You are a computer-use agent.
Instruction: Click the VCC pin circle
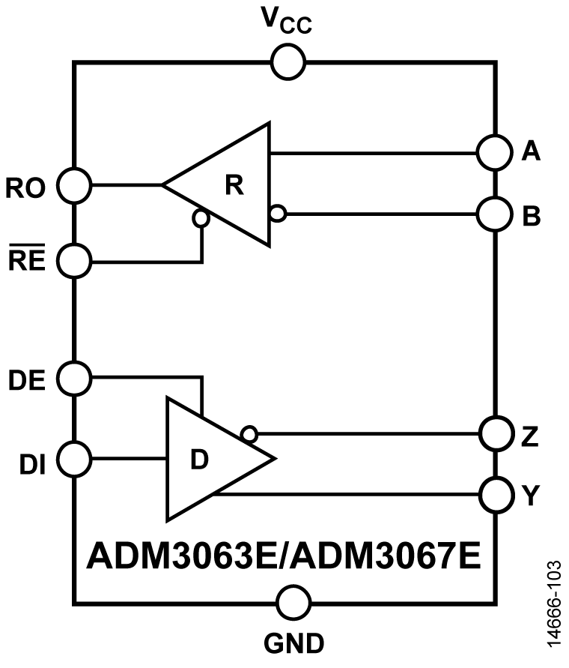coord(287,62)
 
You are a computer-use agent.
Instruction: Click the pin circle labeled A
coord(495,153)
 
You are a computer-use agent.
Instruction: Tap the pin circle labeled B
coord(495,215)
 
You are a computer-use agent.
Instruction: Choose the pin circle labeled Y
coord(495,495)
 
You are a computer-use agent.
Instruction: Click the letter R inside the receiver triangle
coord(235,185)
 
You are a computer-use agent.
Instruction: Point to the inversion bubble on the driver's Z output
coord(249,433)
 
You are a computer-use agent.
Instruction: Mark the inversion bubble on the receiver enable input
coord(201,218)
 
